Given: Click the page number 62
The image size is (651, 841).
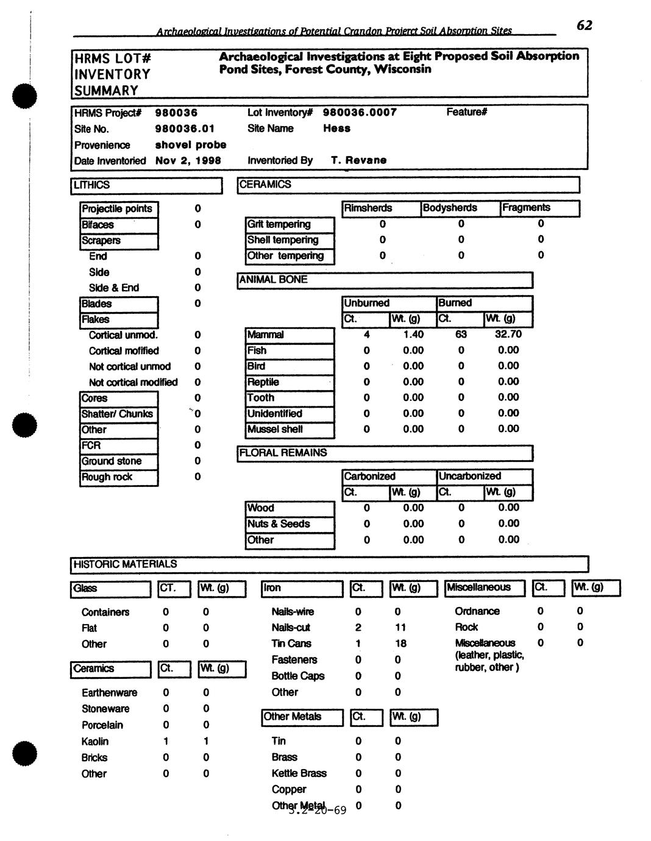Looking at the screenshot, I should click(x=584, y=25).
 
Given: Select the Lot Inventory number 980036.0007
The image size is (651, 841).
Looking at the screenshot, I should click(x=359, y=112).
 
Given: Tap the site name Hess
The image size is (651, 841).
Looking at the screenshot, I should click(x=336, y=128).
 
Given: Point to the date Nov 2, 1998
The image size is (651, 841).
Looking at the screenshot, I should click(x=188, y=160).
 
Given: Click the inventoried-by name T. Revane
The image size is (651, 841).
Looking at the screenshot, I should click(x=358, y=160).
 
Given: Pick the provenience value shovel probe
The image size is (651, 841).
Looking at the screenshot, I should click(x=190, y=144).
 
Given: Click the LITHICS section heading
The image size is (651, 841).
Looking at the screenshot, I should click(x=92, y=185).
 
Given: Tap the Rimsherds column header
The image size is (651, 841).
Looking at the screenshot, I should click(x=368, y=208).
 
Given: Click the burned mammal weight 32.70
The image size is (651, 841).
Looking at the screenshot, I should click(x=508, y=334).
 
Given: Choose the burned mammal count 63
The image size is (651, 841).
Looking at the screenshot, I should click(x=461, y=334).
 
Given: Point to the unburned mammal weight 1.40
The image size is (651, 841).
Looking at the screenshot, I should click(x=413, y=335).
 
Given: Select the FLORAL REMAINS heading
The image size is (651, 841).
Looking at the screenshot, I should click(x=283, y=453).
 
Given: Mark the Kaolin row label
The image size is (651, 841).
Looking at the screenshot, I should click(x=95, y=741).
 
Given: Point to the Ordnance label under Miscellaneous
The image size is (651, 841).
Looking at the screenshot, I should click(x=477, y=611).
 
